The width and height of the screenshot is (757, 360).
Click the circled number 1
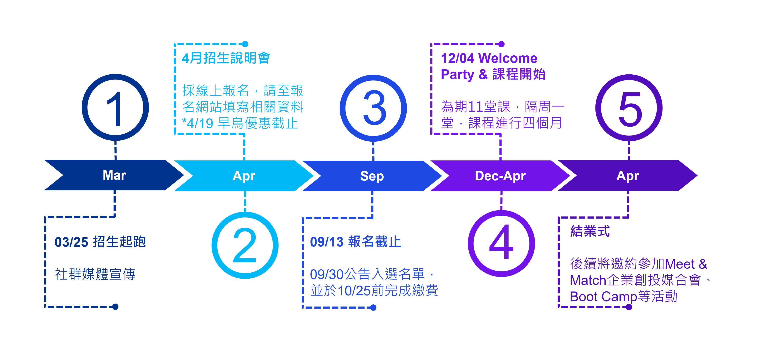pyautogui.click(x=115, y=108)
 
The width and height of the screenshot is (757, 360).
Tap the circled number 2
pyautogui.click(x=245, y=245)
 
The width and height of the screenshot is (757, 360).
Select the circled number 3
pyautogui.click(x=373, y=108)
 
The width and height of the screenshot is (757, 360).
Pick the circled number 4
pyautogui.click(x=501, y=244)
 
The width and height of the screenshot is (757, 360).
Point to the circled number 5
pyautogui.click(x=629, y=108)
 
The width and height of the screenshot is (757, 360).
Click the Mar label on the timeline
pyautogui.click(x=114, y=175)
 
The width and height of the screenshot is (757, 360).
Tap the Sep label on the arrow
pyautogui.click(x=372, y=176)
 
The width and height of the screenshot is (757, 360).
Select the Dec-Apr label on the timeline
pyautogui.click(x=500, y=176)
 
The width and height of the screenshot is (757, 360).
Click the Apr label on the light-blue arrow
pyautogui.click(x=244, y=176)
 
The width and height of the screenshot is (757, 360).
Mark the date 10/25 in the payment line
pyautogui.click(x=354, y=291)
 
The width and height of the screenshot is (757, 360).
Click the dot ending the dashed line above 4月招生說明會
pyautogui.click(x=245, y=44)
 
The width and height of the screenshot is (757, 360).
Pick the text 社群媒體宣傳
pyautogui.click(x=95, y=274)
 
